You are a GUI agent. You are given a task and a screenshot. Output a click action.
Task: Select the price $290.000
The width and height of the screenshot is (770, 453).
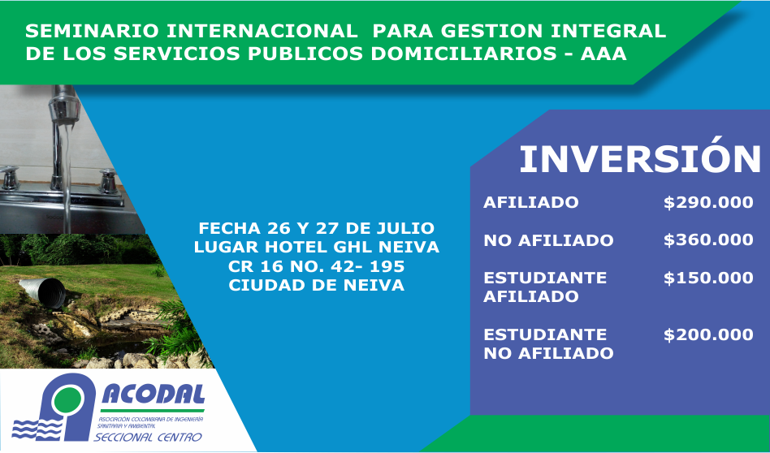click(708, 202)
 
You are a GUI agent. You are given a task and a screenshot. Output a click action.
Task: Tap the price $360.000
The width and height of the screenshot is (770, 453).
click(708, 240)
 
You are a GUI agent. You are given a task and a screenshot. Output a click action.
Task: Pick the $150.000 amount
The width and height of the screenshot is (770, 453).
click(708, 278)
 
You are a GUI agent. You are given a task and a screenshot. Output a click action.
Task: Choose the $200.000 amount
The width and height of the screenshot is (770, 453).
click(708, 334)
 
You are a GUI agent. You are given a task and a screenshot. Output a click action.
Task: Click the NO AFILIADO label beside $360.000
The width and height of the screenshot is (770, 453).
click(548, 240)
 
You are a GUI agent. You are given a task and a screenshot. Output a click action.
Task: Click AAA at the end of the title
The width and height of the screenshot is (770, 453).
click(603, 54)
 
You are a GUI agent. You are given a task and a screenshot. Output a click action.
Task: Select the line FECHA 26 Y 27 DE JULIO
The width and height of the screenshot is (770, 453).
click(317, 228)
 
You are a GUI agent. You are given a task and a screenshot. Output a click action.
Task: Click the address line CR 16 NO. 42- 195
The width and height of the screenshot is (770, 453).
click(317, 266)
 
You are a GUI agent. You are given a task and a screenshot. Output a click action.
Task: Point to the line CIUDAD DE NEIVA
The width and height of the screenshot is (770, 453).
click(317, 285)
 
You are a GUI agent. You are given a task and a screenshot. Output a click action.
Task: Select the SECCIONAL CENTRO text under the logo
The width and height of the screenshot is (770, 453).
click(148, 437)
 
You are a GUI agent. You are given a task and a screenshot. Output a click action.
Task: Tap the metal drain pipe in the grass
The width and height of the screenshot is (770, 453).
click(43, 292)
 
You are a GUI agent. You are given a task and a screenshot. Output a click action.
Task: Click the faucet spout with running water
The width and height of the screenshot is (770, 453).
click(64, 106)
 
